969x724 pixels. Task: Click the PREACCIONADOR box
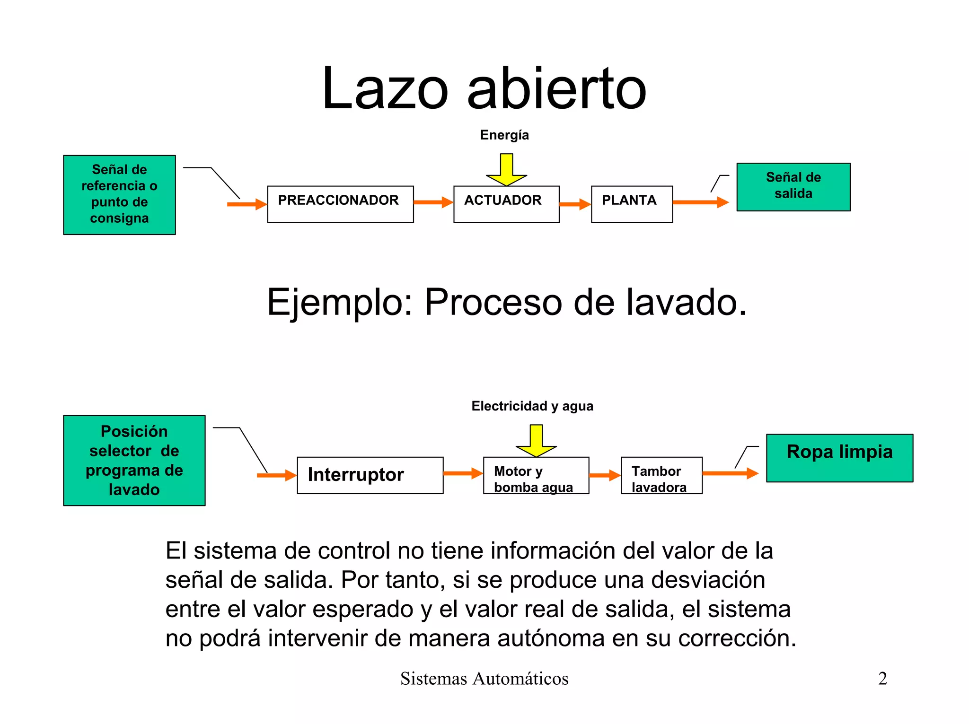[340, 204]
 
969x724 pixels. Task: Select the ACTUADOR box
[506, 204]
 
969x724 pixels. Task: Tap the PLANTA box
[632, 204]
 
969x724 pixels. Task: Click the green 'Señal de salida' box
[793, 187]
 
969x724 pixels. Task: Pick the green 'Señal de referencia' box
[119, 194]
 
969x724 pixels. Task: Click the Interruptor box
[370, 475]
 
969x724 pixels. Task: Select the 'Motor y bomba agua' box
[536, 475]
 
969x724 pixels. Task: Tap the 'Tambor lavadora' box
[661, 475]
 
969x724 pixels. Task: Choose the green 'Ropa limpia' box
[839, 457]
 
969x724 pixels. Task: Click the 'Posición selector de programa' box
[134, 460]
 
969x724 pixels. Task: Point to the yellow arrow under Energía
[506, 169]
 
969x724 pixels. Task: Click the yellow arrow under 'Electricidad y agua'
[536, 440]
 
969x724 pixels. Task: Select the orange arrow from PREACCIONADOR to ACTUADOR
[433, 202]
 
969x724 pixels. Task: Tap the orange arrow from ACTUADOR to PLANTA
[575, 204]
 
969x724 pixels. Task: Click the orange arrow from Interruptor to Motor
[463, 473]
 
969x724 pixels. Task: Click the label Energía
[504, 135]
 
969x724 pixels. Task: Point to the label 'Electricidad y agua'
[532, 406]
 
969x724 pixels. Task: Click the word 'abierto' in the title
[556, 89]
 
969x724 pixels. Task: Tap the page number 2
[882, 679]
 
